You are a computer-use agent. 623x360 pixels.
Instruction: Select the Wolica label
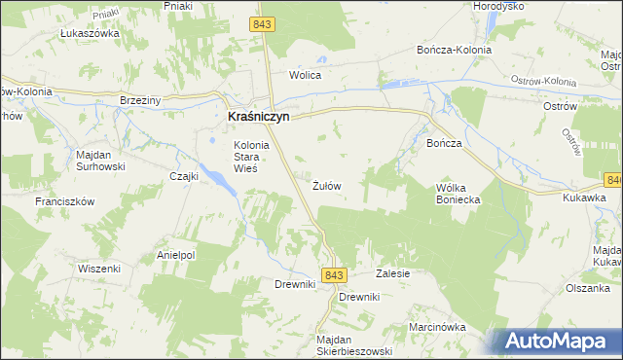click(305, 75)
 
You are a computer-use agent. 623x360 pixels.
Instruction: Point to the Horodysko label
click(498, 6)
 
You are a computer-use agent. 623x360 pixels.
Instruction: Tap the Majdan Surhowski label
click(100, 160)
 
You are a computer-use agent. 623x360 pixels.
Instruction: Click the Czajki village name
click(184, 176)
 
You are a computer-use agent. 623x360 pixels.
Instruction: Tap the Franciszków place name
click(63, 201)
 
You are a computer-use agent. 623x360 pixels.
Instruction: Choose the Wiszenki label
click(99, 268)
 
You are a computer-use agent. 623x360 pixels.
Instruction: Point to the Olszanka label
click(589, 288)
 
